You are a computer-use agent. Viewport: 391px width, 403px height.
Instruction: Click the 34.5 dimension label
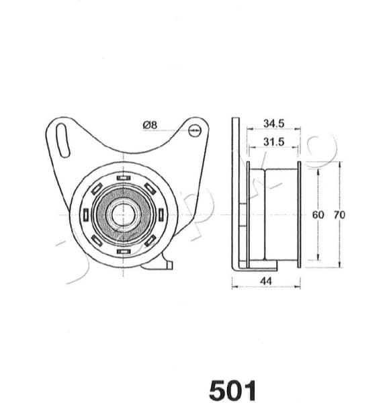[x=274, y=124]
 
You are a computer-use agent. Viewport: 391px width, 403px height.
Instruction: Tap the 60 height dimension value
[x=318, y=215]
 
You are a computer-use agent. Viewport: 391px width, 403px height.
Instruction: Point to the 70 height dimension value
[x=339, y=215]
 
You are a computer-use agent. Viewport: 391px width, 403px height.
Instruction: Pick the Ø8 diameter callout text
[x=150, y=124]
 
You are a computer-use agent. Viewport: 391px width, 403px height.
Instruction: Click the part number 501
[x=232, y=389]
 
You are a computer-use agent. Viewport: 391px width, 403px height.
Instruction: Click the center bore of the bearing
[x=122, y=215]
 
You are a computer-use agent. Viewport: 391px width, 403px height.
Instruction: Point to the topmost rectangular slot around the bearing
[x=122, y=178]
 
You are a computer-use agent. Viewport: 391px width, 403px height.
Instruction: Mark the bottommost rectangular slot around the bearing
[x=122, y=252]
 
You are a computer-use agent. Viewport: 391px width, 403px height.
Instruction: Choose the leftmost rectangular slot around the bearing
[x=85, y=215]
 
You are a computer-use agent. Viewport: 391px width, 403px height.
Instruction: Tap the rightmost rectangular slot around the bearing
[x=160, y=215]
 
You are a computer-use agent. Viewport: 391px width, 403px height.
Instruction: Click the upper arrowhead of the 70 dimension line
[x=339, y=164]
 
